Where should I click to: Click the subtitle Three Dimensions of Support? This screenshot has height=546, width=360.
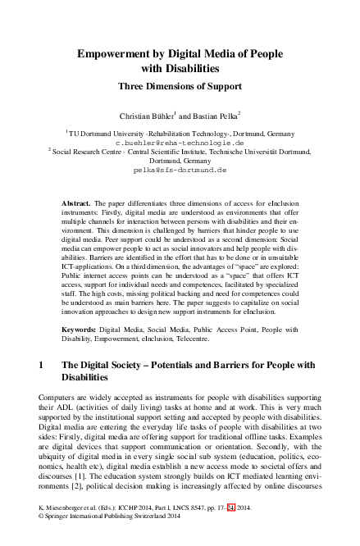click(180, 84)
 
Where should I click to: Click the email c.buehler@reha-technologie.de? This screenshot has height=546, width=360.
click(180, 141)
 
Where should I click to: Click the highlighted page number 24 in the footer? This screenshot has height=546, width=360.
click(232, 530)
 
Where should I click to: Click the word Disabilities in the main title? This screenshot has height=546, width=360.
click(179, 68)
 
